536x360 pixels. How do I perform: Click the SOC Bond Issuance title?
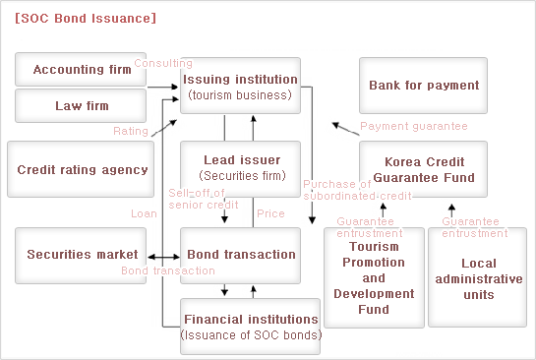(x=85, y=18)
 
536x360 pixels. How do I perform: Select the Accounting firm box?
(x=82, y=70)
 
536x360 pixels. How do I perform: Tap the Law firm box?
(x=82, y=105)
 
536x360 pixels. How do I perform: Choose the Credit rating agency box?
(x=83, y=169)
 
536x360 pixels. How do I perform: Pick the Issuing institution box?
(x=240, y=86)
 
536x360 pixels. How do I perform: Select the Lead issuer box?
(x=241, y=167)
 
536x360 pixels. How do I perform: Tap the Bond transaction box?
(x=241, y=254)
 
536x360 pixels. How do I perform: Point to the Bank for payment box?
(x=424, y=86)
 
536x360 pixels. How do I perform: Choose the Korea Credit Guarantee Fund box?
(x=424, y=168)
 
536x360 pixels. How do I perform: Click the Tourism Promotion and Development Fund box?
(x=374, y=278)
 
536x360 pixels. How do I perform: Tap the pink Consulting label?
(x=162, y=63)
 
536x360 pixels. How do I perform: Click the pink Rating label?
(x=131, y=131)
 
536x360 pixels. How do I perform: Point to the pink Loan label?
(x=144, y=213)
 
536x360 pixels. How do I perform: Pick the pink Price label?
(x=270, y=213)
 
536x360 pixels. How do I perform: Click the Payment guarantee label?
(x=413, y=126)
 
